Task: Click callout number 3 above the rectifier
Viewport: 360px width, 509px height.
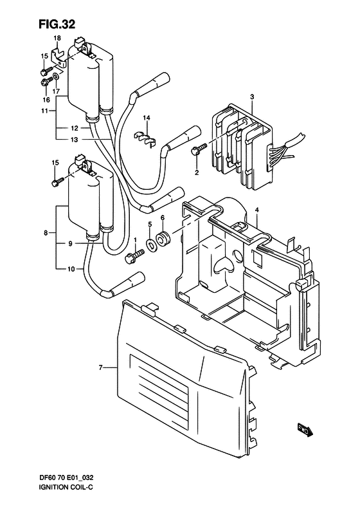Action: pyautogui.click(x=253, y=97)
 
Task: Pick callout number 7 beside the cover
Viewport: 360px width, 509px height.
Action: pyautogui.click(x=101, y=367)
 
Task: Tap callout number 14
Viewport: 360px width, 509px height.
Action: pyautogui.click(x=146, y=118)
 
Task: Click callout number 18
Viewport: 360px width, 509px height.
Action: pyautogui.click(x=57, y=39)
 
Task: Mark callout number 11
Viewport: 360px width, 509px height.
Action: pyautogui.click(x=44, y=111)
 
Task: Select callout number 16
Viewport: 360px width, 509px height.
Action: pyautogui.click(x=46, y=100)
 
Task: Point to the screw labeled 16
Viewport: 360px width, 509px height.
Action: pyautogui.click(x=46, y=82)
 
